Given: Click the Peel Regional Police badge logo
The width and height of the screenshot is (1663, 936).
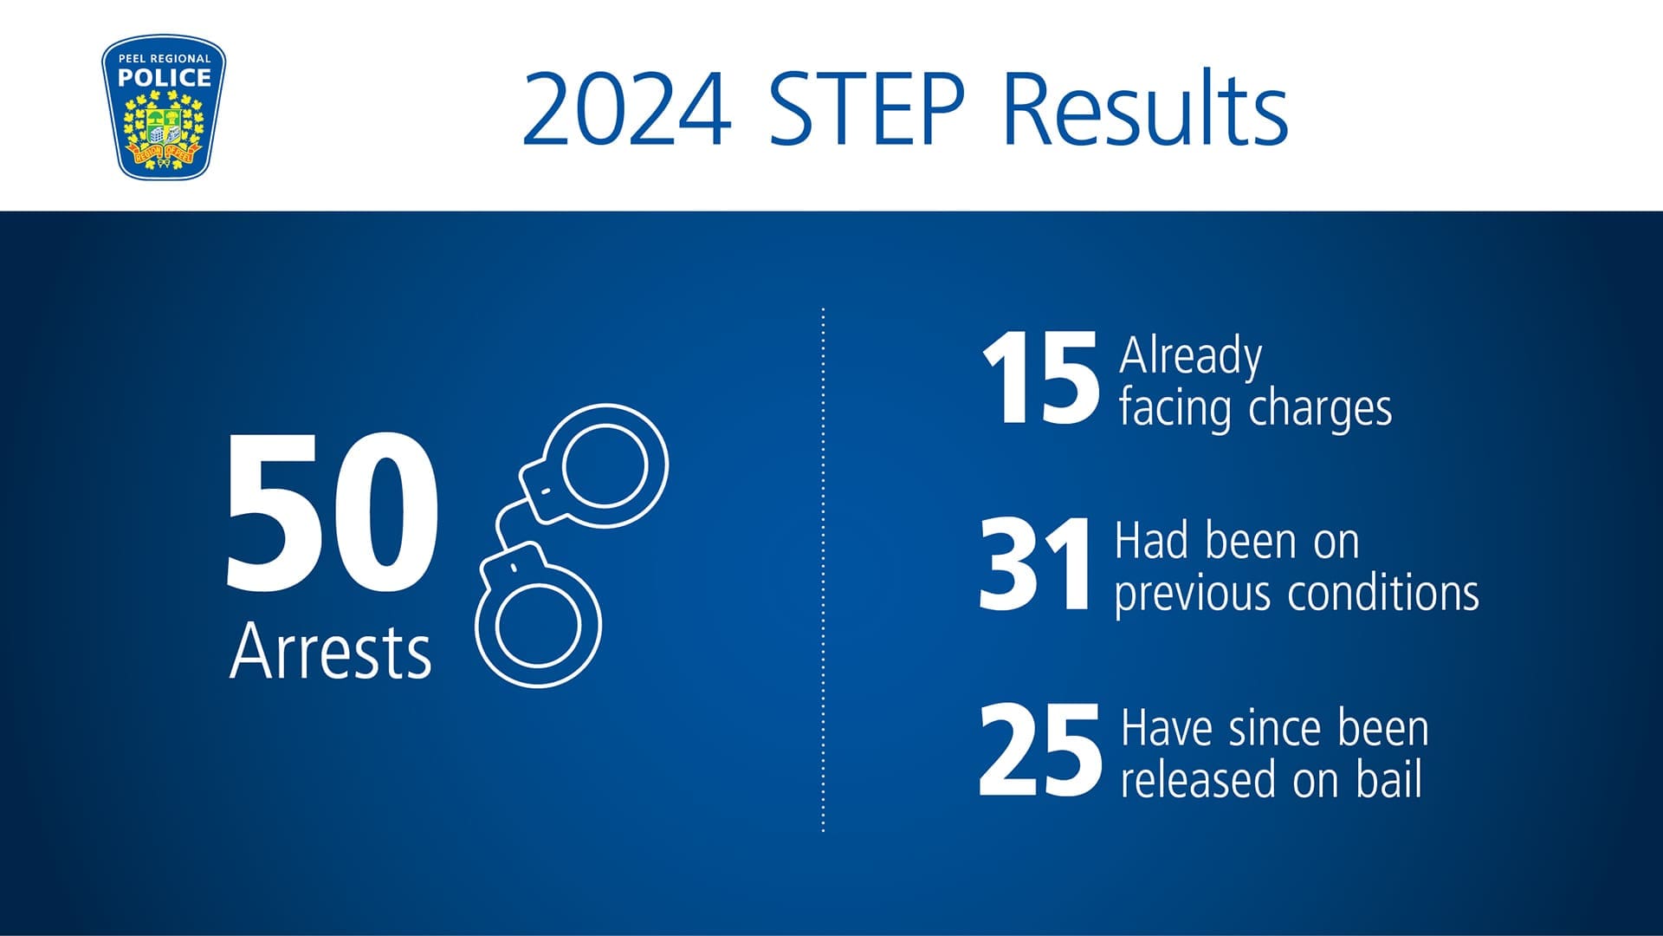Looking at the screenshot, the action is pos(164,107).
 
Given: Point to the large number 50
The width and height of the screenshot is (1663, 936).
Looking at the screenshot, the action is pos(332,512).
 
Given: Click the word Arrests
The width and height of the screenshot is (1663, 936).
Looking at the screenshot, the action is pos(331,651).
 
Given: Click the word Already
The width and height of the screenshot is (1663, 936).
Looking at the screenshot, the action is pos(1190,355).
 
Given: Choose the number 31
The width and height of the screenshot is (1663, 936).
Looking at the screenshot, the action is pos(1034,564).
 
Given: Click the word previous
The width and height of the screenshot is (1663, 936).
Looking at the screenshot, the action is pos(1193,595).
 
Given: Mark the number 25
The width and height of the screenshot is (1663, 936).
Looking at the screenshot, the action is pos(1040,750).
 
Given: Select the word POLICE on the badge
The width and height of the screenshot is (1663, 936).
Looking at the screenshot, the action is pos(165,78).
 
